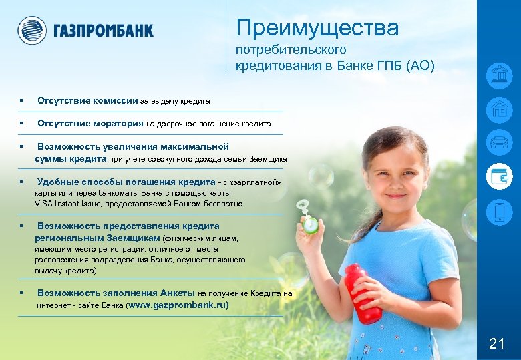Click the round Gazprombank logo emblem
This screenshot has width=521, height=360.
pyautogui.click(x=31, y=30)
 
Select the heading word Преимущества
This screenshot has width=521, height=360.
pyautogui.click(x=317, y=28)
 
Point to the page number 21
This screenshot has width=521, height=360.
pyautogui.click(x=496, y=344)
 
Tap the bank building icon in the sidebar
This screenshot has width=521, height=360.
pyautogui.click(x=500, y=75)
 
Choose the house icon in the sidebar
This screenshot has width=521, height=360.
pyautogui.click(x=500, y=109)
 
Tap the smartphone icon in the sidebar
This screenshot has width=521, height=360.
pyautogui.click(x=500, y=212)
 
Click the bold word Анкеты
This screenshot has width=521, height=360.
pyautogui.click(x=178, y=293)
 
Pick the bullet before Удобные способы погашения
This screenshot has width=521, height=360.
pyautogui.click(x=22, y=182)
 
